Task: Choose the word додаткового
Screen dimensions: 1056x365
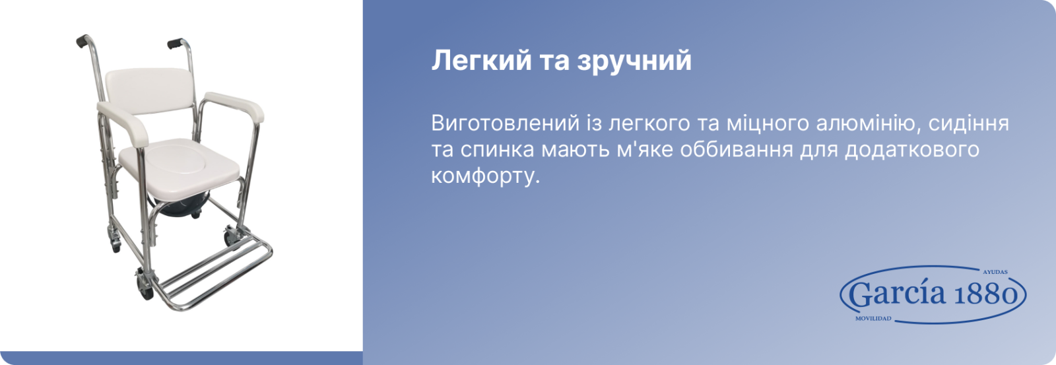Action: (x=911, y=150)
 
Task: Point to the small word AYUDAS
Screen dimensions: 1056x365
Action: (x=995, y=272)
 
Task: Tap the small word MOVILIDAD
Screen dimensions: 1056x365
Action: (x=873, y=319)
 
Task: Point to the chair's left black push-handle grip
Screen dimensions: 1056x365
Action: (x=83, y=40)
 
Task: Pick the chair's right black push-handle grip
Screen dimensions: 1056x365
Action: (x=175, y=44)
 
